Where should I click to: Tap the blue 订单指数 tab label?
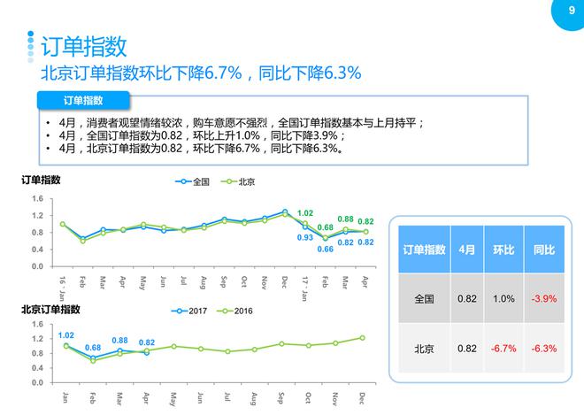tap(84, 100)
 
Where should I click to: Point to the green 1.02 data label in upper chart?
tap(305, 213)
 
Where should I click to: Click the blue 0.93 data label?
tap(305, 237)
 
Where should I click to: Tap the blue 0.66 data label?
tap(326, 249)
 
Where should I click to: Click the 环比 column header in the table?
tap(503, 251)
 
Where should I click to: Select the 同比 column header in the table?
tap(543, 251)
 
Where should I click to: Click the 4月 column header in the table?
tap(467, 251)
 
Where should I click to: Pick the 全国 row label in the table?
tap(425, 299)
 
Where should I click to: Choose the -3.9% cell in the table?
tap(543, 299)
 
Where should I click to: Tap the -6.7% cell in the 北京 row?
tap(503, 348)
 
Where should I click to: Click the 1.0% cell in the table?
tap(503, 299)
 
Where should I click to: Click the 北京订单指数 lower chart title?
tap(51, 310)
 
